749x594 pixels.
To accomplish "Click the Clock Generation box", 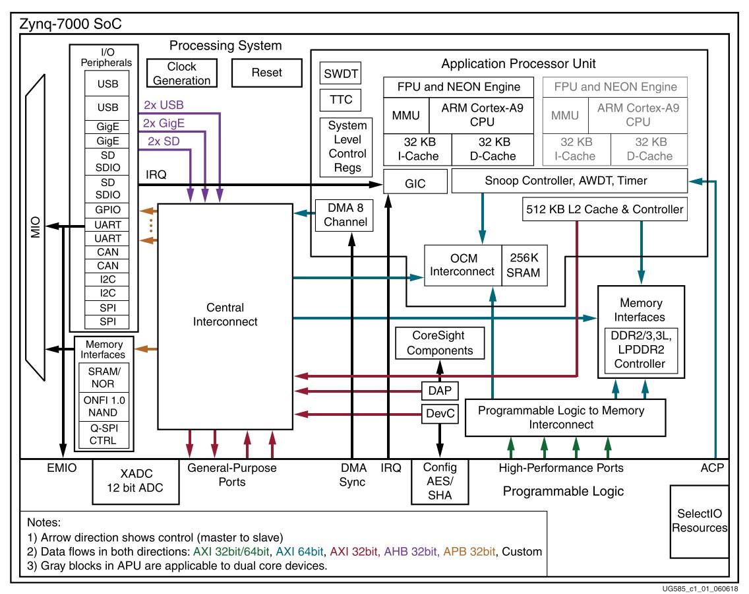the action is (181, 73).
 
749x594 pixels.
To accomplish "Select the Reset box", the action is (267, 73).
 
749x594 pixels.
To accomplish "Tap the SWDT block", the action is (341, 73).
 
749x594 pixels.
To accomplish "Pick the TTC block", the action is (341, 100).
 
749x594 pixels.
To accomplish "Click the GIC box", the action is (415, 183).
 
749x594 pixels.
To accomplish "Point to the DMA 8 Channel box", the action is (344, 215).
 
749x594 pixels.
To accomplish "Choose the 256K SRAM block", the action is (524, 265).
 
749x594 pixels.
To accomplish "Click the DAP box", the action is (440, 391).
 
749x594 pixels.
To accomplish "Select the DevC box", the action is (440, 414).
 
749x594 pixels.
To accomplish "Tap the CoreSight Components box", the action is (440, 343).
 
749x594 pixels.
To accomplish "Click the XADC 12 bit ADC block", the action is (136, 481).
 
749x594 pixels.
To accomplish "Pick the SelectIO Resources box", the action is (700, 521).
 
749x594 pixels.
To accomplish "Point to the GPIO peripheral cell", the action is (107, 210).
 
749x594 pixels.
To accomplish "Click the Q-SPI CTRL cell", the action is (104, 435).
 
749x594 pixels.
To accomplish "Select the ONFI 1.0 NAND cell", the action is (104, 407).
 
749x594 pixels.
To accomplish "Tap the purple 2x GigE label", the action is (164, 123).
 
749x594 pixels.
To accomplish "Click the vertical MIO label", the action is (36, 227).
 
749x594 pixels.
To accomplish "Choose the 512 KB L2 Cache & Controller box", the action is (605, 209).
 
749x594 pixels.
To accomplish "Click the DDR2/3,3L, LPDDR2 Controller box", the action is (641, 350).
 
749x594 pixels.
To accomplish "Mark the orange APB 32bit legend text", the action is (469, 552).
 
